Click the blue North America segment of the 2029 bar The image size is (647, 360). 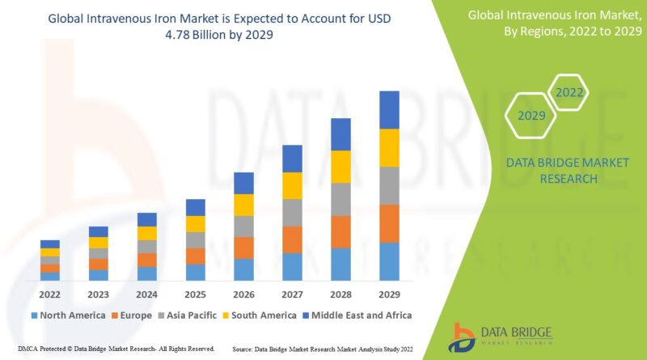389,261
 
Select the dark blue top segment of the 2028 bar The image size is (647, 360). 340,134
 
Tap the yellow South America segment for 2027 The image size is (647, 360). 292,185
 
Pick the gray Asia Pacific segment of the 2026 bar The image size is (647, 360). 243,227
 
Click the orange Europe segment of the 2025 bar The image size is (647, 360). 195,256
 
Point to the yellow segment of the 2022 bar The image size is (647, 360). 50,252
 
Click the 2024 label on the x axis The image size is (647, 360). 146,294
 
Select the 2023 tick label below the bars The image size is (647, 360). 99,294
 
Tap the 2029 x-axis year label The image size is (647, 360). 389,294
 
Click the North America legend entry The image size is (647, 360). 68,315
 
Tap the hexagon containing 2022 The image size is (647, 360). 569,92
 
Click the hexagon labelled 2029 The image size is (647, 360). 531,116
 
